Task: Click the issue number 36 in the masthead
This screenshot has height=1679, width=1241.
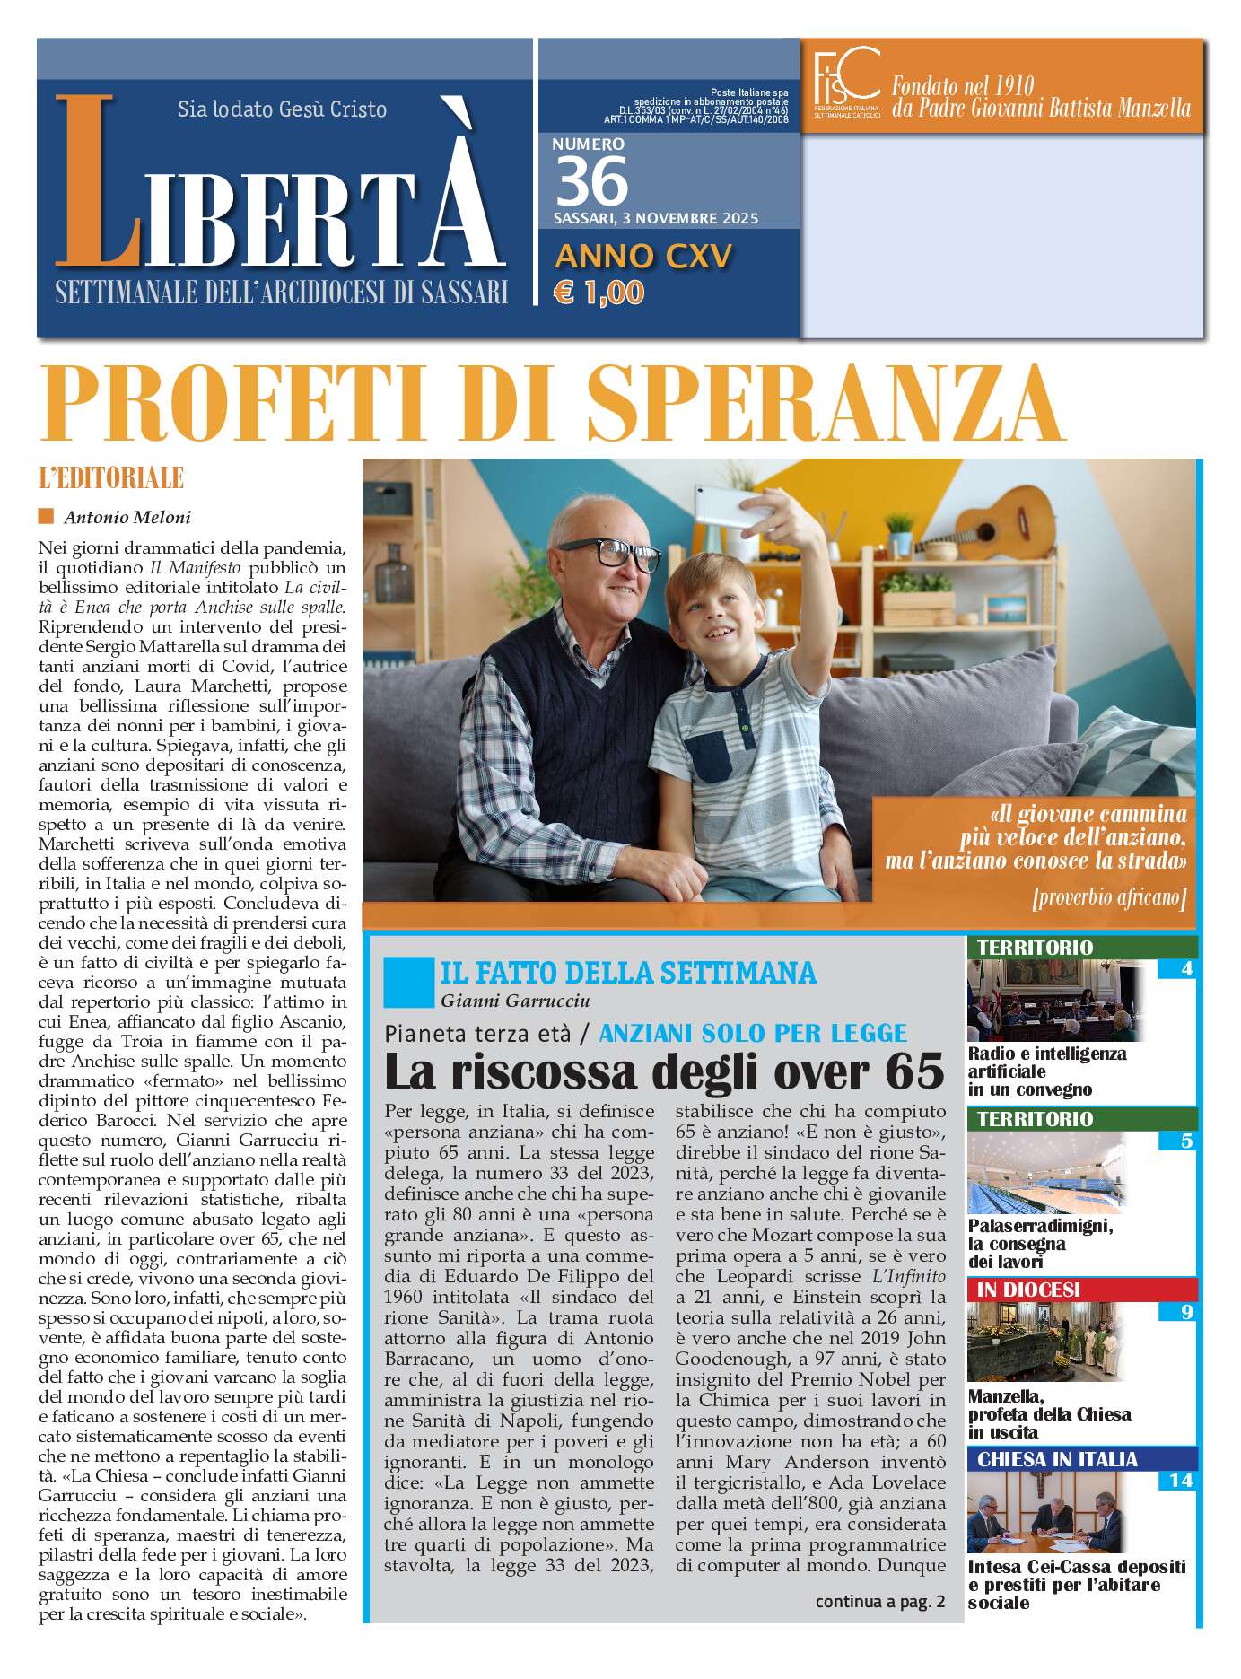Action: pos(591,180)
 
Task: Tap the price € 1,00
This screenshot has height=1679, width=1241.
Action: pos(599,293)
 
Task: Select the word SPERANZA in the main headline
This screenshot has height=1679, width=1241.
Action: pos(825,402)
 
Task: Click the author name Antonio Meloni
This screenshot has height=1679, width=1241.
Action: pos(127,517)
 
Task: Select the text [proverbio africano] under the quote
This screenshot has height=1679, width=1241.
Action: pos(1108,896)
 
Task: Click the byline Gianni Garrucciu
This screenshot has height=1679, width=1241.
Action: pos(515,1001)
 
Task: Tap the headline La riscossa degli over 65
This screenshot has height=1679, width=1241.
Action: pos(664,1071)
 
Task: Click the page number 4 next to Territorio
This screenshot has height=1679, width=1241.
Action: pos(1187,969)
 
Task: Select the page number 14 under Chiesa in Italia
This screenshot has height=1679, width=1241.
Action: pos(1181,1480)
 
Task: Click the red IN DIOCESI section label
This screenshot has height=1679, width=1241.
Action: pos(1028,1290)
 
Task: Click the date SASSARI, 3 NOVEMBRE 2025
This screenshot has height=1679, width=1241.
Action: pos(656,218)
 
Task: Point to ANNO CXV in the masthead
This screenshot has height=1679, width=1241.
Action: pos(643,257)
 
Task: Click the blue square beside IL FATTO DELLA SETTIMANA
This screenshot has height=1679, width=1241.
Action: pos(407,982)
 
